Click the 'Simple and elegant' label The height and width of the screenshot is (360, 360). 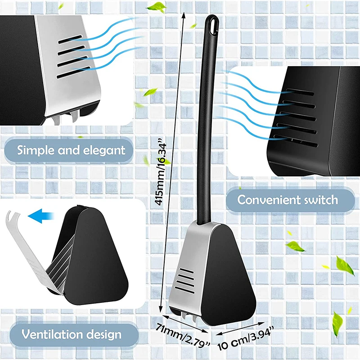(71, 149)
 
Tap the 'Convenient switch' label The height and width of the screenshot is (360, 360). (288, 199)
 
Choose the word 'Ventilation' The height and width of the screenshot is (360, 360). (47, 334)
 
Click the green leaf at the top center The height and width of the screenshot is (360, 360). (158, 7)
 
